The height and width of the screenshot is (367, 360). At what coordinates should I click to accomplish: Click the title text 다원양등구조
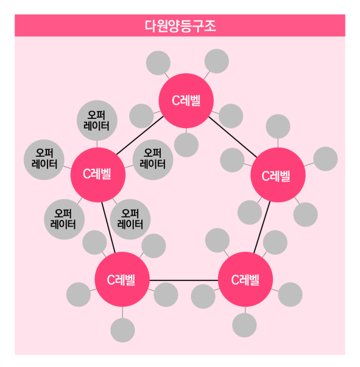point(180,26)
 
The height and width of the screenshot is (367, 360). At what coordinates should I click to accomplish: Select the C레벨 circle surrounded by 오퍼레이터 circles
point(98,175)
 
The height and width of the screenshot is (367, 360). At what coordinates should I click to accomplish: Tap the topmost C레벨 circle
point(186,101)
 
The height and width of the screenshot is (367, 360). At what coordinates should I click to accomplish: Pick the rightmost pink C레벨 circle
point(278,175)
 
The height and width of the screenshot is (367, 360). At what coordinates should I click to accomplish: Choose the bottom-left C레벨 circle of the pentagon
point(122,279)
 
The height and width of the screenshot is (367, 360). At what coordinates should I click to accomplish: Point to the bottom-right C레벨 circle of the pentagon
point(245,279)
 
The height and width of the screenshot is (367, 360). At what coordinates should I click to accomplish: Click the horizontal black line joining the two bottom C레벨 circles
point(184,280)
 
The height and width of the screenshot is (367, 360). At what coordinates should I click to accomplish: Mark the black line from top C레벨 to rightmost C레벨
point(233,137)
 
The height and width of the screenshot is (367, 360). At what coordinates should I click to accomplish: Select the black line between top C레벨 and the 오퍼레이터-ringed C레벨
point(139,135)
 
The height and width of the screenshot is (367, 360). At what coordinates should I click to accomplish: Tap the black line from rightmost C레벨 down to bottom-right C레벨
point(262,227)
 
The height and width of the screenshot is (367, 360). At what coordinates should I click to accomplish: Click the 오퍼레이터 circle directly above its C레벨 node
point(97,121)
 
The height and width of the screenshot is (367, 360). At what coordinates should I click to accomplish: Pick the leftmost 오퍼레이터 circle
point(44,160)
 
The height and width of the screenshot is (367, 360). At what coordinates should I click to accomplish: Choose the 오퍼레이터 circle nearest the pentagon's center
point(153,160)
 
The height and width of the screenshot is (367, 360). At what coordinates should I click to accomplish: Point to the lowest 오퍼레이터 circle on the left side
point(64,219)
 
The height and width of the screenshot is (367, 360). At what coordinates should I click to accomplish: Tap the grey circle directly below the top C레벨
point(186,145)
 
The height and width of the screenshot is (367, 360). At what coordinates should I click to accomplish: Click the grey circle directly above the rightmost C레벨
point(278,126)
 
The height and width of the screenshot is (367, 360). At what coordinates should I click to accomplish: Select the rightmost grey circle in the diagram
point(325,159)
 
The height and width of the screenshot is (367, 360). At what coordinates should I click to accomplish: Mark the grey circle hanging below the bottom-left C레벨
point(122,330)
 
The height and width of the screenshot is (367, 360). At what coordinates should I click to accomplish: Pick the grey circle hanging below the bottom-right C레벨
point(244,325)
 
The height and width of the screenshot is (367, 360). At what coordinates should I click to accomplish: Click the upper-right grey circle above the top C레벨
point(217,61)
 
